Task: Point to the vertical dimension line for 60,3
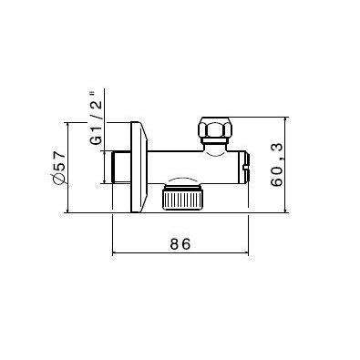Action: (x=289, y=165)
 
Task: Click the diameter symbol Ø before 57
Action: (x=59, y=181)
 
